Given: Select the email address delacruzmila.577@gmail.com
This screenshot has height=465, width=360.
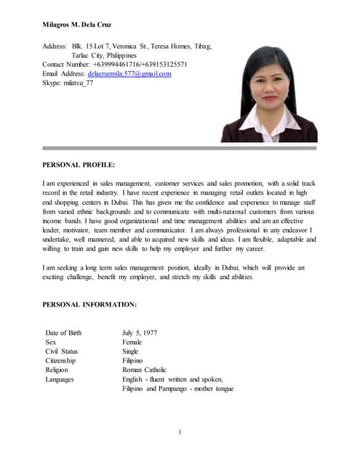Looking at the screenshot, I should pyautogui.click(x=129, y=74).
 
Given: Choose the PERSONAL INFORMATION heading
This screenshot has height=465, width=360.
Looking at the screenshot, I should pyautogui.click(x=89, y=304).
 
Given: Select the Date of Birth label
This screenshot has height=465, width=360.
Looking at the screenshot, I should pyautogui.click(x=63, y=333).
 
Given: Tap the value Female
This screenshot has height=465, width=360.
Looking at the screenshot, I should pyautogui.click(x=132, y=342).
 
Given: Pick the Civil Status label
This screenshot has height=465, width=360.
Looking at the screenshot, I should pyautogui.click(x=61, y=352).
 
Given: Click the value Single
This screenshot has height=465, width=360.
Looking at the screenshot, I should pyautogui.click(x=130, y=352).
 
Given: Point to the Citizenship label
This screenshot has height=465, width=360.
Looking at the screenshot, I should pyautogui.click(x=61, y=361).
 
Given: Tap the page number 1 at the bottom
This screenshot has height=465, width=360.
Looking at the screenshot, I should pyautogui.click(x=179, y=433).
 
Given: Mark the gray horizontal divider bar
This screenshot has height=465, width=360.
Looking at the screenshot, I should pyautogui.click(x=180, y=148).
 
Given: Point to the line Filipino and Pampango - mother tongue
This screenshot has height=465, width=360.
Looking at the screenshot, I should pyautogui.click(x=178, y=389).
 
